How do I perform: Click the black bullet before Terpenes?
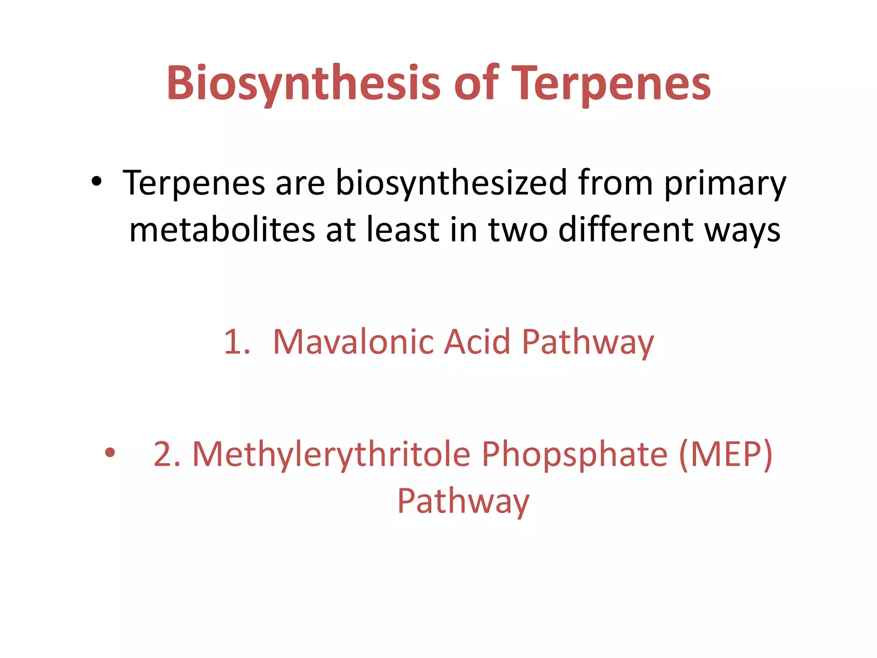tap(97, 182)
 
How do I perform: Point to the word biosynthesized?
tap(451, 183)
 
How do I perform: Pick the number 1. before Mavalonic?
tap(237, 342)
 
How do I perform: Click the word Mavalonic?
tap(354, 342)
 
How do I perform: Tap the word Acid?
tap(477, 342)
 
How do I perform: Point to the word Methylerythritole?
tap(331, 454)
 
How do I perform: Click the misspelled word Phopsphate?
tap(574, 454)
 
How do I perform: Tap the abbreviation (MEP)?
tap(726, 454)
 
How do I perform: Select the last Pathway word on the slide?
tap(463, 501)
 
